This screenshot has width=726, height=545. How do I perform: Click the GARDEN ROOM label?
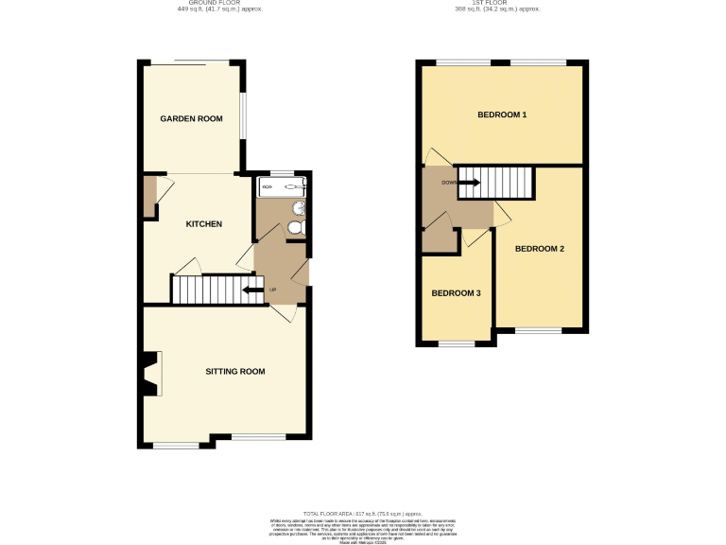190,118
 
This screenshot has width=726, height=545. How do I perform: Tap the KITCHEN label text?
203,224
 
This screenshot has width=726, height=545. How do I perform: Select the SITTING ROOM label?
235,371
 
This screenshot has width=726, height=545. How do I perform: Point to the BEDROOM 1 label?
501,115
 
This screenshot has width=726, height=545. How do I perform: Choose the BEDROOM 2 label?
539,249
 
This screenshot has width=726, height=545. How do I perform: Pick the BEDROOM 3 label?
456,293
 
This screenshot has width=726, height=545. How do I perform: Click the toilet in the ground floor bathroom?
295,228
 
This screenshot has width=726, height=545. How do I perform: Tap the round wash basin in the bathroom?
299,207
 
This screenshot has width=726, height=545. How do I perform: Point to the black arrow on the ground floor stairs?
252,290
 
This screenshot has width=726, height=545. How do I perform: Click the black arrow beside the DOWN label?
470,183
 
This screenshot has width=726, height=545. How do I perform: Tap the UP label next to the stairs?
273,290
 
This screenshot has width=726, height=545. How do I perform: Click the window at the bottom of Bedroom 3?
457,344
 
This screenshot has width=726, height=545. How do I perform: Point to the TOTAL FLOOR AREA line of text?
362,512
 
